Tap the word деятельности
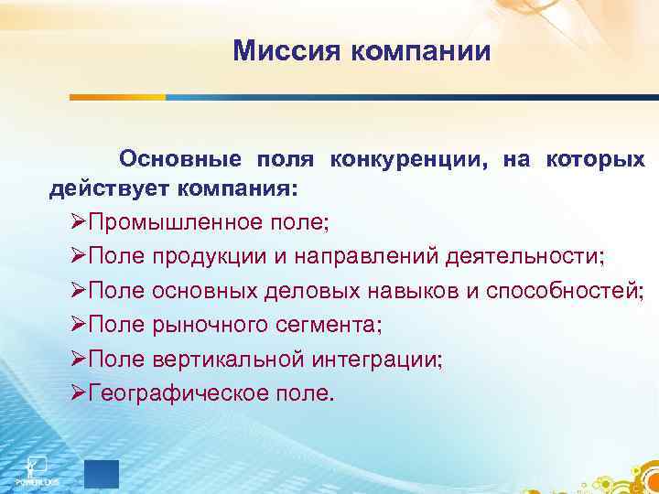[x=522, y=256]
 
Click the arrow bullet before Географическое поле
[x=78, y=393]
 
